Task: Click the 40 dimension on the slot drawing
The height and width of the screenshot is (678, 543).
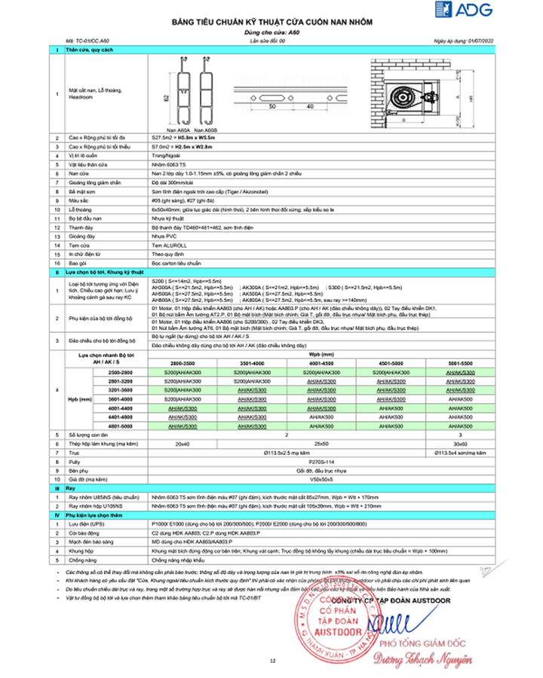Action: coord(311,107)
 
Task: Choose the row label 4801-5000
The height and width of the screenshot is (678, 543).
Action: coord(121,426)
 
